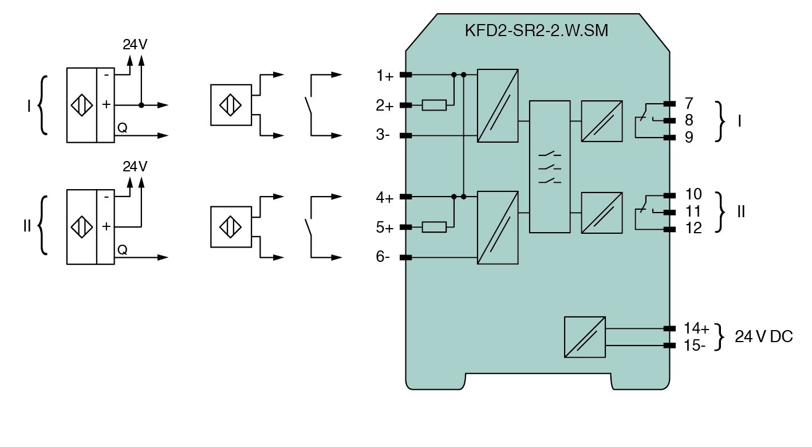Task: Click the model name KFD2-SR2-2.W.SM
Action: click(537, 31)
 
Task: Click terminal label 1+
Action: click(385, 75)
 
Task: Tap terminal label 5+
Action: click(385, 228)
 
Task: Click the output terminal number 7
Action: click(688, 104)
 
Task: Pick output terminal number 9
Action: click(688, 138)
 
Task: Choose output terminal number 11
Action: click(693, 211)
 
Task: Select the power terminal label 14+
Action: click(696, 328)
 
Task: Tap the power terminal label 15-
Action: click(695, 346)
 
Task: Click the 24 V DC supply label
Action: click(764, 337)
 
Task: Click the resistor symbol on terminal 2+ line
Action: click(434, 105)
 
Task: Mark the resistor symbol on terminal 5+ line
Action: click(434, 228)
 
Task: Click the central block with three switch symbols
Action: click(550, 166)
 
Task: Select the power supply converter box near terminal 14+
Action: click(585, 337)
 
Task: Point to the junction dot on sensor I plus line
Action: click(141, 105)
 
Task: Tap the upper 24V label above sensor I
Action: click(135, 45)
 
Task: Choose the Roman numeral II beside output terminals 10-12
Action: click(740, 211)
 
